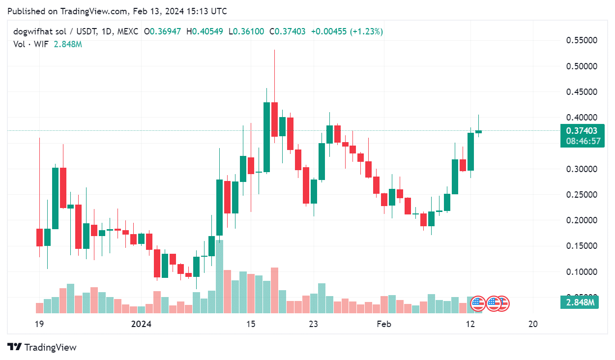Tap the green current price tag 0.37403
point(582,131)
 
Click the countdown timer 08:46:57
point(582,141)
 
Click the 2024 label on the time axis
point(142,324)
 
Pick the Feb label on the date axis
point(383,324)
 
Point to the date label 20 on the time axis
point(532,324)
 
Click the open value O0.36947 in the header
point(162,31)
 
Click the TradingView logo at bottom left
point(42,347)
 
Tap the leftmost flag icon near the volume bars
point(478,304)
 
